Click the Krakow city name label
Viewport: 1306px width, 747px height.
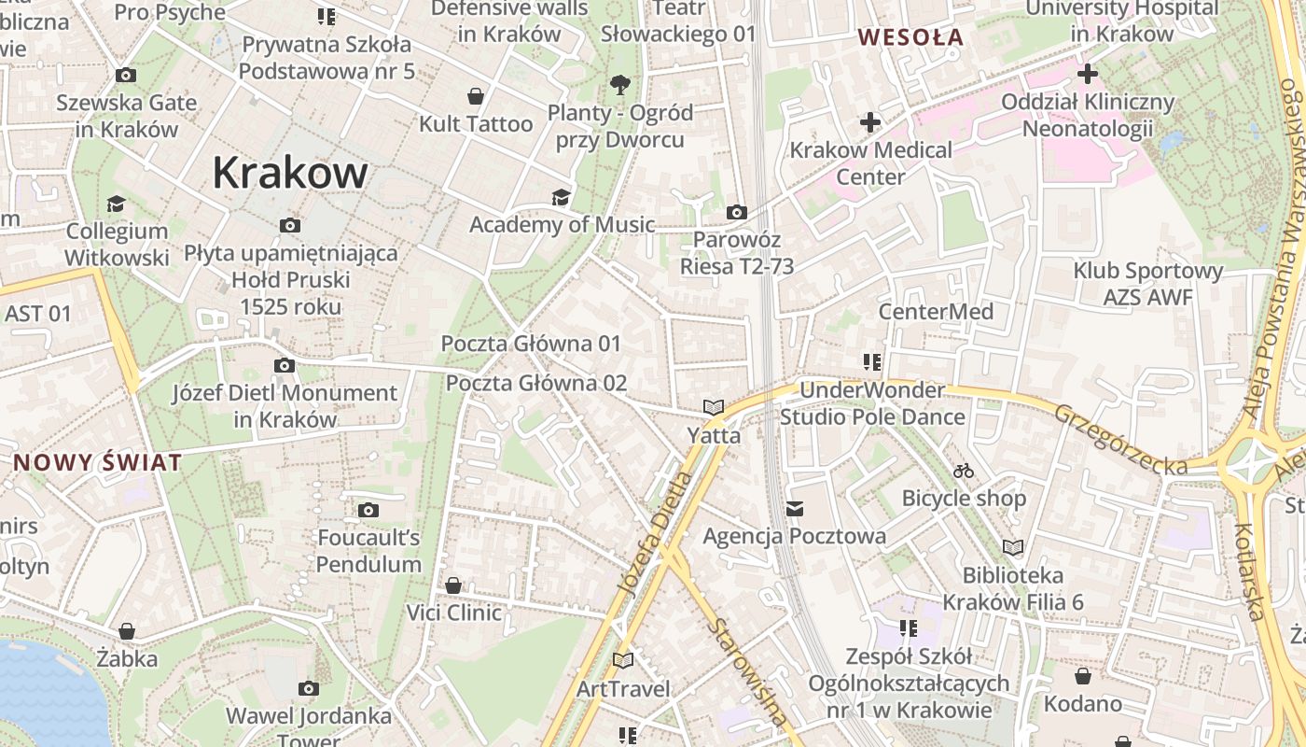click(289, 174)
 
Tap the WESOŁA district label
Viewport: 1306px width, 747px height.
click(910, 37)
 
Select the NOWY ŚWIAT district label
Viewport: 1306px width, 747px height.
click(97, 462)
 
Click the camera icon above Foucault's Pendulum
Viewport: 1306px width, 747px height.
click(368, 510)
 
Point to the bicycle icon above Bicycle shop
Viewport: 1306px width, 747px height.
click(964, 472)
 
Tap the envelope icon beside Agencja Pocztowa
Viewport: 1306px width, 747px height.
click(795, 509)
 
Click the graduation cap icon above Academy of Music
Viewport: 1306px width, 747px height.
click(561, 197)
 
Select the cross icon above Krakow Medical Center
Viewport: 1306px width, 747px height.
click(870, 122)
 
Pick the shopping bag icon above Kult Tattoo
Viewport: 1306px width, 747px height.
click(476, 96)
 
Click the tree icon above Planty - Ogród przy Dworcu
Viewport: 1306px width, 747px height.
click(619, 86)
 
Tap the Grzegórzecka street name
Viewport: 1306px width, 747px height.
click(1120, 439)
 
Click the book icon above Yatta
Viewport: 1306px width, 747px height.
click(714, 408)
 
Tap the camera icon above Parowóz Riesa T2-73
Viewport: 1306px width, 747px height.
click(736, 213)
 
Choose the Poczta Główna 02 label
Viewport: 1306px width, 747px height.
click(536, 383)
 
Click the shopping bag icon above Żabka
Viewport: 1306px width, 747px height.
click(127, 631)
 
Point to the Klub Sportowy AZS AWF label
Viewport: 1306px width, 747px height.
click(1147, 284)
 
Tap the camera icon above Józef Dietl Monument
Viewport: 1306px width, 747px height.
click(285, 366)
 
